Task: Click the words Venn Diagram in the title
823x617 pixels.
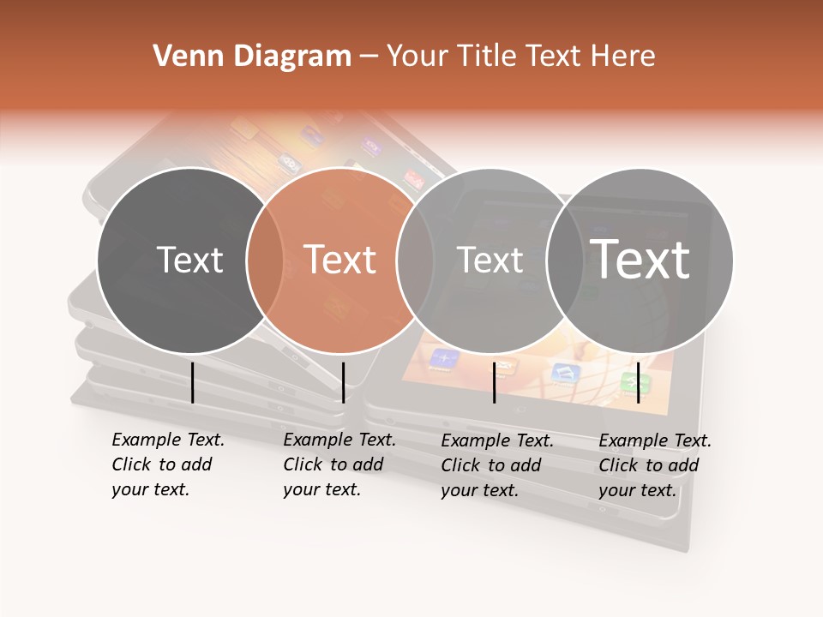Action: (x=252, y=57)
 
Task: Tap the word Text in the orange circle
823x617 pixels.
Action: (x=339, y=260)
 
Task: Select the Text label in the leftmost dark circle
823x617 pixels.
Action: (x=189, y=260)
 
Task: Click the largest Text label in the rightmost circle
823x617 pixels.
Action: (x=640, y=259)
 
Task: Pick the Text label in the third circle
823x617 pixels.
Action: (x=490, y=260)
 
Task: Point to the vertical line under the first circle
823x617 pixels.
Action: (x=193, y=382)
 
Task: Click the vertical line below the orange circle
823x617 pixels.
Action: (x=343, y=382)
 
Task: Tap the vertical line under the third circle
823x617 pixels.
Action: (x=495, y=382)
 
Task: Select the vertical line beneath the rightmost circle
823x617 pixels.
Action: (x=639, y=382)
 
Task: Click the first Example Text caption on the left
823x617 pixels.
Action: (x=168, y=464)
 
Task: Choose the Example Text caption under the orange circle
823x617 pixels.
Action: (x=339, y=464)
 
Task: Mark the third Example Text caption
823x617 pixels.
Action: (x=497, y=464)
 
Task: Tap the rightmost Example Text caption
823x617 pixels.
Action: (x=655, y=464)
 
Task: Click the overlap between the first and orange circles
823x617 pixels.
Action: (x=265, y=261)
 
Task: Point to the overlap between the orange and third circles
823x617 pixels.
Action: (x=415, y=261)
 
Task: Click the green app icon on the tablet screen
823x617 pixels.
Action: (x=635, y=383)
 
